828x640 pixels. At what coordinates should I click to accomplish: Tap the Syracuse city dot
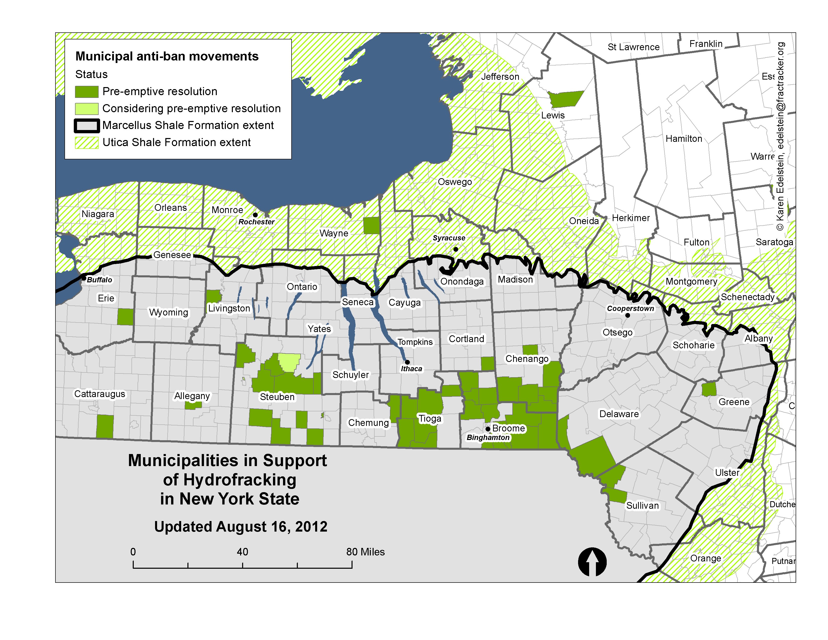click(456, 249)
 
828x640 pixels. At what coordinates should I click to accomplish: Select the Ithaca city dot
click(407, 362)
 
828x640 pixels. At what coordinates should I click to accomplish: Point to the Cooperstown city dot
click(628, 315)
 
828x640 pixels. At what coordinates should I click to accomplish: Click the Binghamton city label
click(488, 437)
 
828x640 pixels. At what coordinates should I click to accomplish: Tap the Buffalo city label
click(99, 280)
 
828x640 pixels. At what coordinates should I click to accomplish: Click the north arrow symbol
click(592, 562)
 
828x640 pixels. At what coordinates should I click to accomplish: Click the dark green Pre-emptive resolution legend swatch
click(87, 92)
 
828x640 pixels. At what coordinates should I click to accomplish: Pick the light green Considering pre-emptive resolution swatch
click(87, 109)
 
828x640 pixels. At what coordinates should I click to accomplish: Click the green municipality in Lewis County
click(566, 99)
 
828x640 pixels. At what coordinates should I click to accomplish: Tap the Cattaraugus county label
click(99, 394)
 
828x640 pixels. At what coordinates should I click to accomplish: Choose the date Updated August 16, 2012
click(241, 527)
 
